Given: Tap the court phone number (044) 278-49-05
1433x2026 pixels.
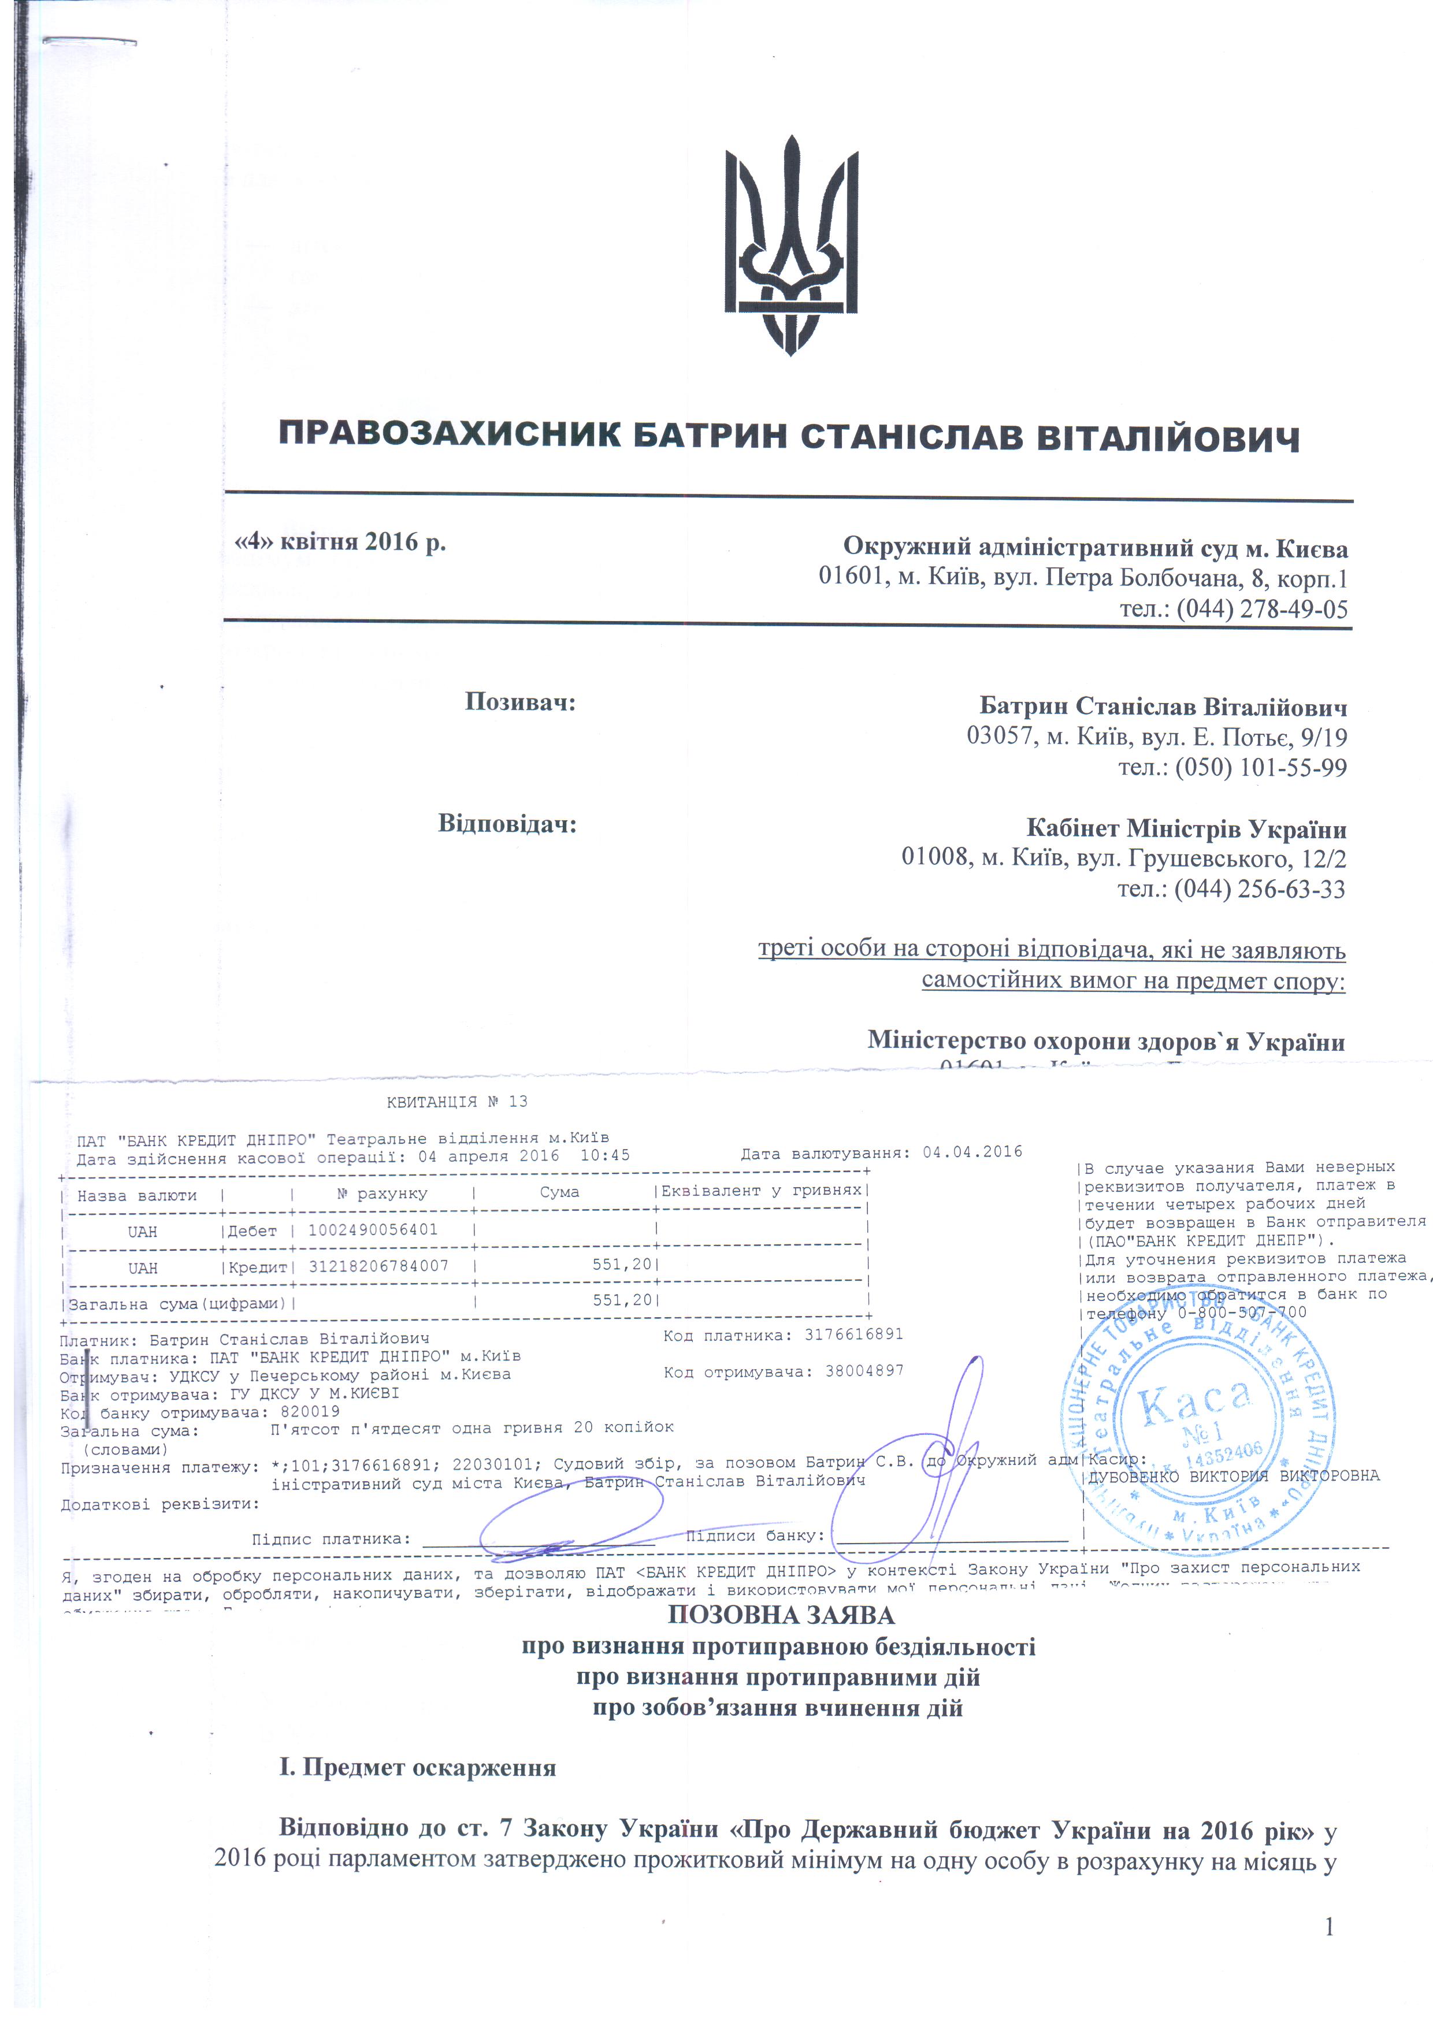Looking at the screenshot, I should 1262,609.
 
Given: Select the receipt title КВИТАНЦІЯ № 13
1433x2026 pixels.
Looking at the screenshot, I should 457,1101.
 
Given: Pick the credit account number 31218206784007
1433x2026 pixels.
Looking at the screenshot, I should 378,1265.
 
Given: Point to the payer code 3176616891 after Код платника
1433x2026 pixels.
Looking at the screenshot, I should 853,1334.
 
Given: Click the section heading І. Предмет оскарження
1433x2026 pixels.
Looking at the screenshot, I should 417,1767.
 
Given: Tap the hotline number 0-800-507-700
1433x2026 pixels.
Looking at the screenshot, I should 1242,1312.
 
